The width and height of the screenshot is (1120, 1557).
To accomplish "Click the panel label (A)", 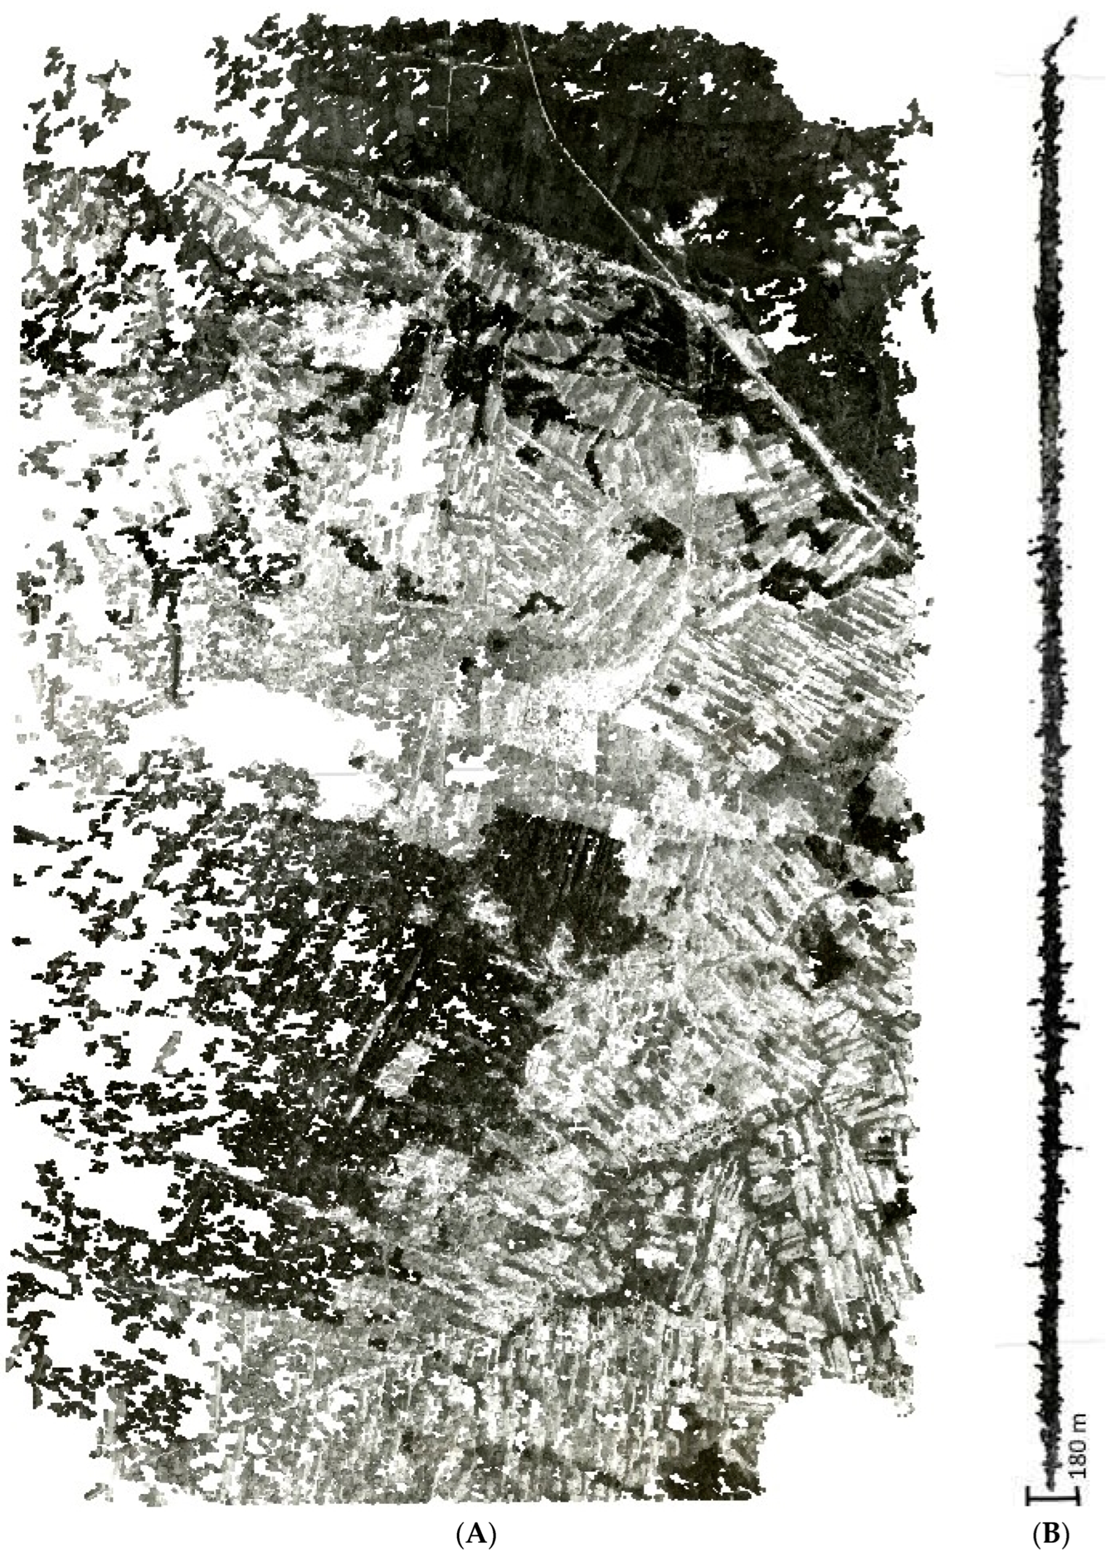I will [x=475, y=1528].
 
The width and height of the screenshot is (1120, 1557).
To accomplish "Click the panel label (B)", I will [x=1051, y=1528].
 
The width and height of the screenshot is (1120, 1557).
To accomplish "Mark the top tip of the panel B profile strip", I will [x=1073, y=21].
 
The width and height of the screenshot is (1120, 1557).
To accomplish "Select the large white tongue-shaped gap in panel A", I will [x=288, y=742].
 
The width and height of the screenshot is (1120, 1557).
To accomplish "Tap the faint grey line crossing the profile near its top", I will [x=1051, y=76].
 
